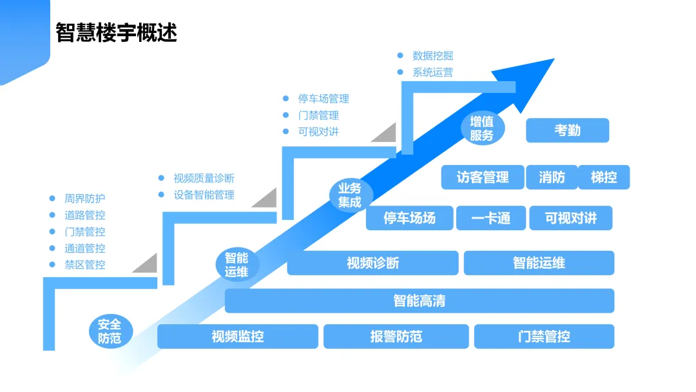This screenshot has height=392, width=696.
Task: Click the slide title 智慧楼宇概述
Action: [x=117, y=32]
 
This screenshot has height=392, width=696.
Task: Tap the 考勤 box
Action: [x=567, y=130]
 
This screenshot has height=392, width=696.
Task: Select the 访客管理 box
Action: [x=483, y=177]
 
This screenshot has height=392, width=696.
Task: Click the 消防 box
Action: [x=551, y=177]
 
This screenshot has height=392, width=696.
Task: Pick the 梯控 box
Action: [x=604, y=177]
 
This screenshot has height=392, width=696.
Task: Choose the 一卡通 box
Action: [x=491, y=219]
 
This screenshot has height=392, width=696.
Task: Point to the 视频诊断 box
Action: [x=372, y=263]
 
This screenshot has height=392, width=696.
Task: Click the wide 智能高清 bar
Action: [x=419, y=300]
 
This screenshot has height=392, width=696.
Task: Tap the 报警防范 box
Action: [x=396, y=337]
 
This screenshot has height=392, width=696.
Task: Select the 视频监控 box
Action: [x=238, y=337]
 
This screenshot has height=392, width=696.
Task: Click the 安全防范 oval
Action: [x=110, y=331]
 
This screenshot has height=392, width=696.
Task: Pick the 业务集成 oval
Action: [x=350, y=195]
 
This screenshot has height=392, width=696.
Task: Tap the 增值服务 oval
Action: [x=481, y=128]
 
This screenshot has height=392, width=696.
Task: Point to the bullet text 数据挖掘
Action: [x=432, y=56]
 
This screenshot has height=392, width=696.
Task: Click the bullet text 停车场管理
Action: [x=323, y=99]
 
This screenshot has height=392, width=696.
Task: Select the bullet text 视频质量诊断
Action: [x=204, y=178]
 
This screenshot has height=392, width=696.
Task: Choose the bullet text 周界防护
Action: [x=84, y=199]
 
